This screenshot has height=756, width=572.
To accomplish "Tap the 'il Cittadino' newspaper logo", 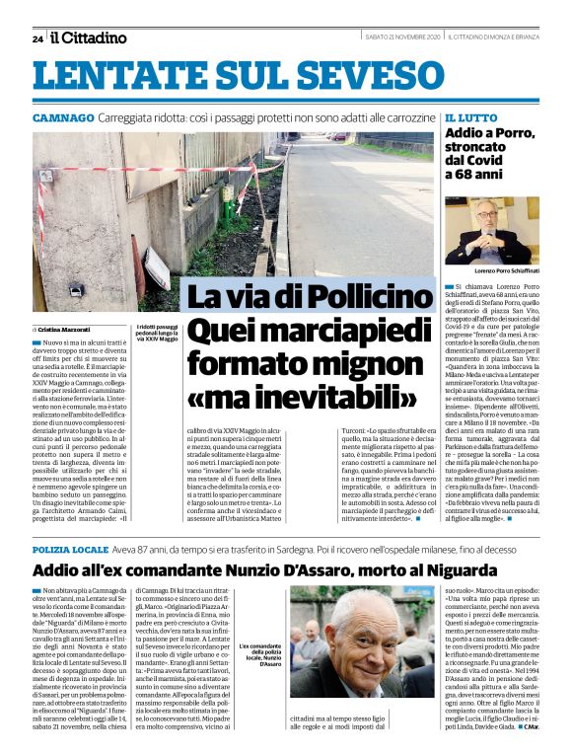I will (x=89, y=38).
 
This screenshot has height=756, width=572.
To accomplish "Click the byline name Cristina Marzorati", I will (x=65, y=329).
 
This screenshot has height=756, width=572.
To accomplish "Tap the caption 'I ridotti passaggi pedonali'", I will (x=158, y=332).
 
